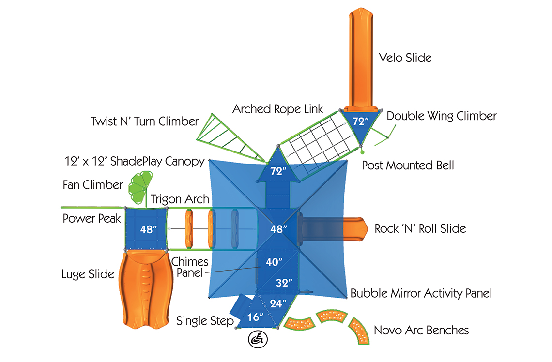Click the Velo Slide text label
[405, 58]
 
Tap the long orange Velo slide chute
[361, 58]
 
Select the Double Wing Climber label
[442, 116]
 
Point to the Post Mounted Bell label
[408, 166]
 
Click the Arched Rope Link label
[277, 109]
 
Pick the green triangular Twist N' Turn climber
[230, 137]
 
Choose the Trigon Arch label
[180, 199]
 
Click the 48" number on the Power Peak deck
[148, 229]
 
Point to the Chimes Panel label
[190, 267]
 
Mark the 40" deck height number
[274, 262]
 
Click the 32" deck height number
[284, 283]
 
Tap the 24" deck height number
[278, 303]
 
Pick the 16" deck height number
[255, 317]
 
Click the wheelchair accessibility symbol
[258, 339]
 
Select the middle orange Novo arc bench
[332, 316]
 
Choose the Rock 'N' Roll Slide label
[420, 228]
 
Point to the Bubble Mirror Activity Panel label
[421, 293]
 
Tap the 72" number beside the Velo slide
[360, 121]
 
